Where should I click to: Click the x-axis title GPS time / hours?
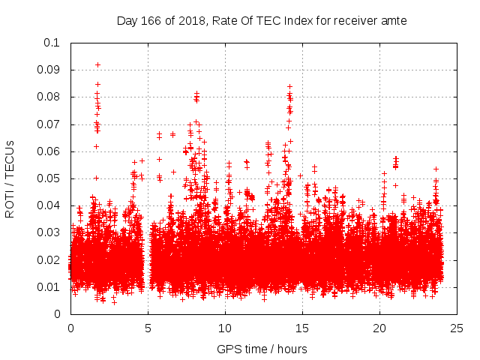pyautogui.click(x=262, y=349)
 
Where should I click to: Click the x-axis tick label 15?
pyautogui.click(x=302, y=328)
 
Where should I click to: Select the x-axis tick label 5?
pyautogui.click(x=148, y=328)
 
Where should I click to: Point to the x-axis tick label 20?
pyautogui.click(x=379, y=328)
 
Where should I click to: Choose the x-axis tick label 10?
pyautogui.click(x=225, y=328)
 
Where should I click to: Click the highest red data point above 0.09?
pyautogui.click(x=97, y=65)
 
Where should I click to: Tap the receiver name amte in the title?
pyautogui.click(x=394, y=20)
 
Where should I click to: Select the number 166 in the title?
pyautogui.click(x=150, y=20)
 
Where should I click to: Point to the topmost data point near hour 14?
pyautogui.click(x=289, y=87)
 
